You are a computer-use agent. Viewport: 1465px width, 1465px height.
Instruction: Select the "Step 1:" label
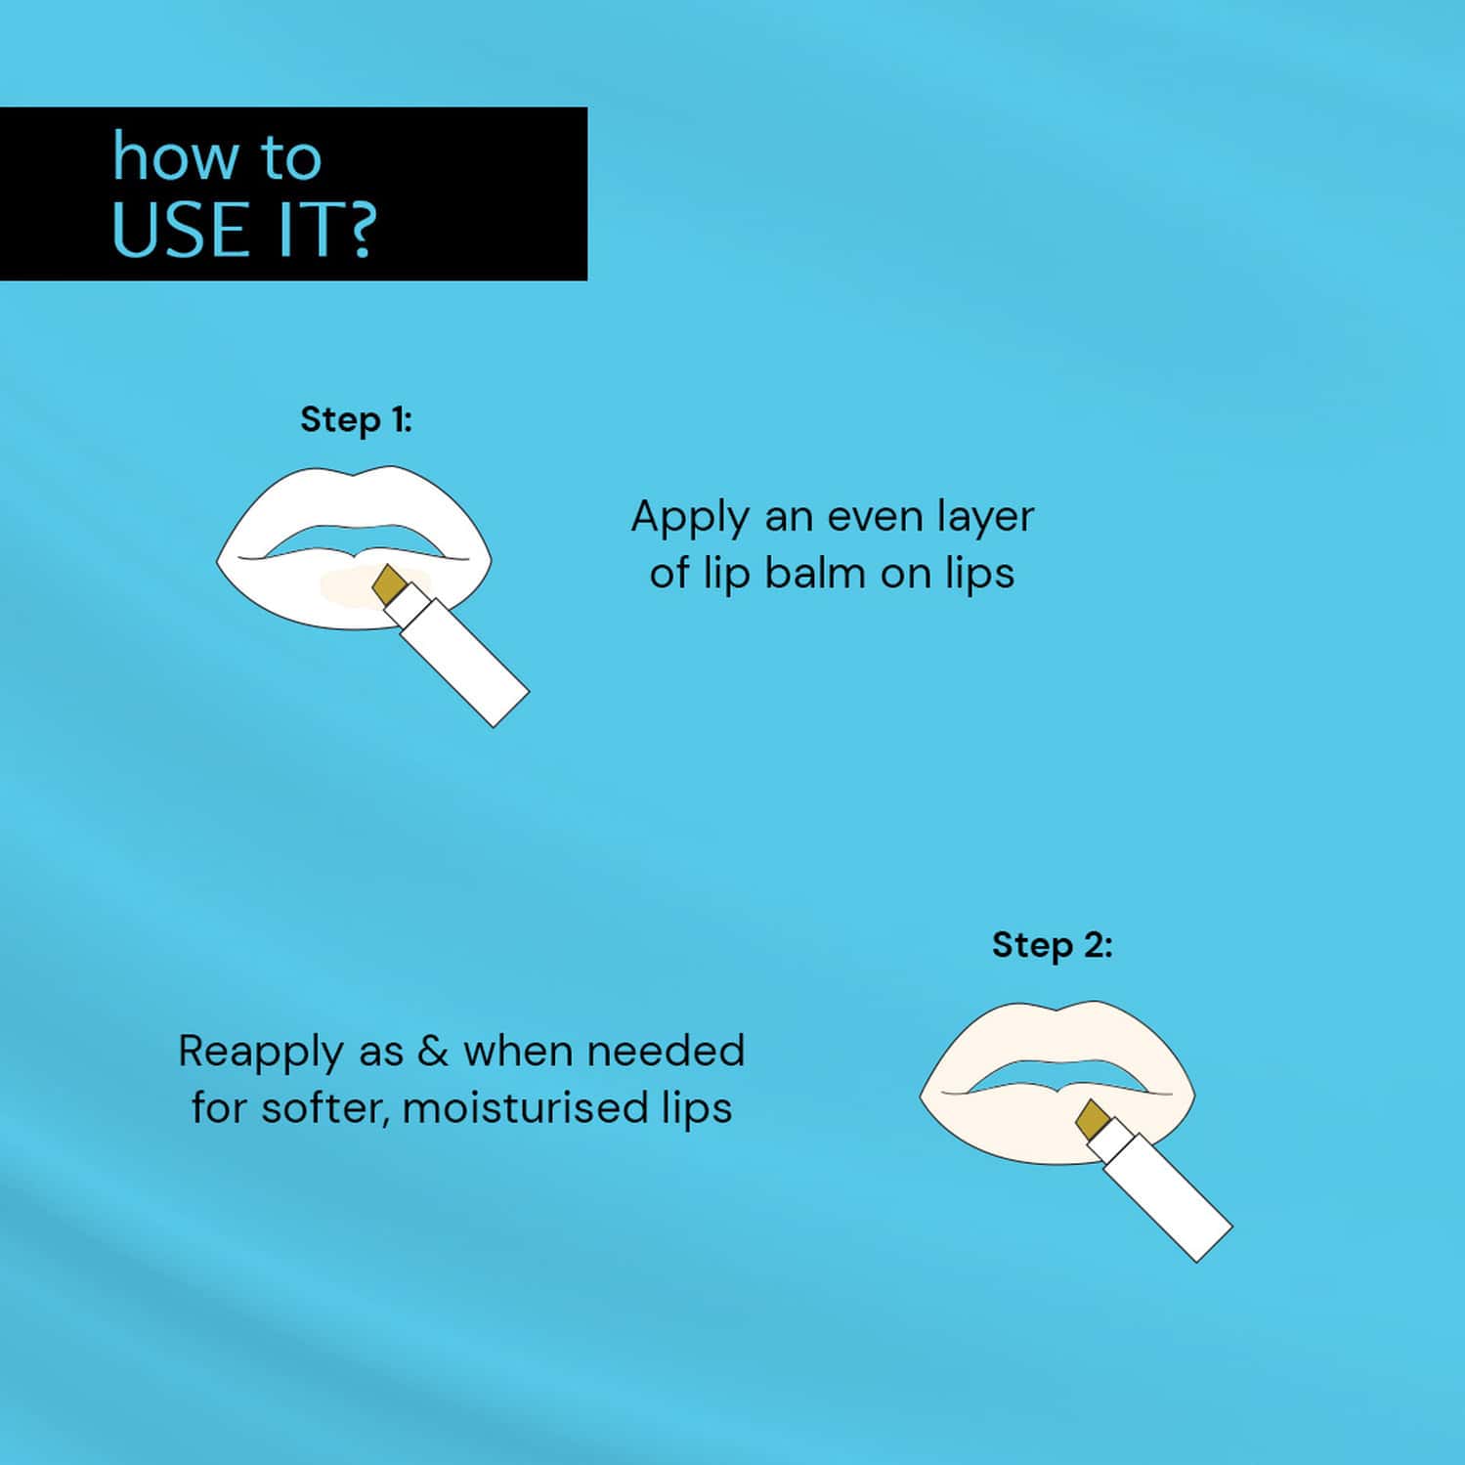[356, 419]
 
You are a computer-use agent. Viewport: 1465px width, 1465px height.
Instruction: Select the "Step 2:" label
[1052, 945]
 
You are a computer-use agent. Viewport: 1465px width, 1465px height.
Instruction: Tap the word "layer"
[984, 517]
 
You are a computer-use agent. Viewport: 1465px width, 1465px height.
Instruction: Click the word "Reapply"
[261, 1053]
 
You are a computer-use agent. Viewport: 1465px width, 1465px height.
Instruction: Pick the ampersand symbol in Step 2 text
[432, 1051]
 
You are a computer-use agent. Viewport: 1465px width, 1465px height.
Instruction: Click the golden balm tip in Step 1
[390, 582]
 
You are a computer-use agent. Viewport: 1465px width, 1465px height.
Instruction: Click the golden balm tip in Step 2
[1093, 1117]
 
